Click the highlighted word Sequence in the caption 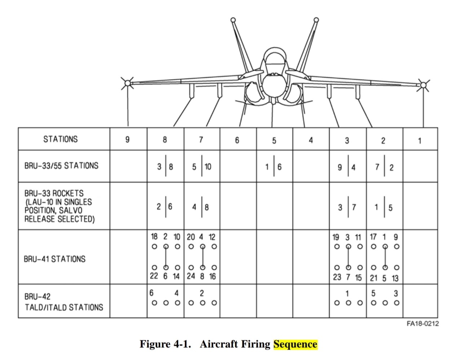(295, 344)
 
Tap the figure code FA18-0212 (423, 324)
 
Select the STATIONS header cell (61, 139)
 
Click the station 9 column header (127, 140)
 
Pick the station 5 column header (274, 141)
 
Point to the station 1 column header (420, 141)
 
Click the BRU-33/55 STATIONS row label (61, 166)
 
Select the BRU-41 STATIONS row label (54, 259)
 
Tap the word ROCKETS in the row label (68, 193)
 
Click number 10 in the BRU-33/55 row (208, 167)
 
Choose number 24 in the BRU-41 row (191, 276)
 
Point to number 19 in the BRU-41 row (336, 237)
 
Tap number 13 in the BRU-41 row (395, 278)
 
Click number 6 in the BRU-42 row (151, 293)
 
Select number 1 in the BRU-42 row (347, 294)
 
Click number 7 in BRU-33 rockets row (354, 207)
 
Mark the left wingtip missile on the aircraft (127, 83)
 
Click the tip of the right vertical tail (316, 20)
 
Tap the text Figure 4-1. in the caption (165, 344)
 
